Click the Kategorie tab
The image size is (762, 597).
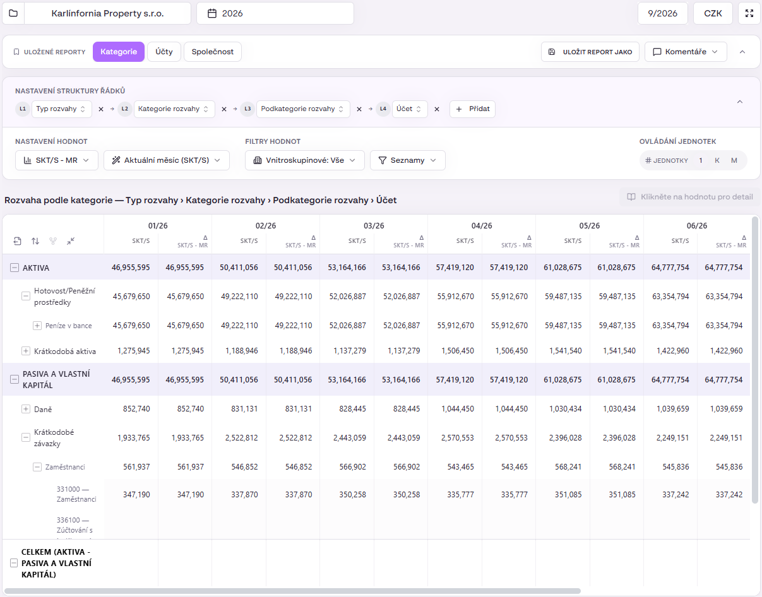click(119, 52)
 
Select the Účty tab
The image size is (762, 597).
click(164, 52)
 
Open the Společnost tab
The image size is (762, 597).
click(213, 52)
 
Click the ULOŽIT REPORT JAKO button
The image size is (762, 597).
click(590, 52)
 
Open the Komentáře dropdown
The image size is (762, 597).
click(686, 52)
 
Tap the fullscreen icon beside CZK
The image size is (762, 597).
click(749, 13)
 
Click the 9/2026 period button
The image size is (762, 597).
click(662, 13)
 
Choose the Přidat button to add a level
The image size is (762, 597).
click(472, 109)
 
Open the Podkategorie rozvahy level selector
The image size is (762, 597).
click(303, 109)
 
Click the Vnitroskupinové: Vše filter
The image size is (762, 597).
click(305, 160)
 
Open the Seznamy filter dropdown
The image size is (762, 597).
click(407, 160)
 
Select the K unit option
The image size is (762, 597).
click(717, 160)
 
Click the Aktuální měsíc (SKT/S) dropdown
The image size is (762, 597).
click(167, 160)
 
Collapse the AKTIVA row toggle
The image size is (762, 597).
click(15, 268)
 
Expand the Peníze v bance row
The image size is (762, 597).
click(37, 325)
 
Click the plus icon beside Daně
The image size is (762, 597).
click(26, 409)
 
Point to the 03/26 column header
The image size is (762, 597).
click(374, 226)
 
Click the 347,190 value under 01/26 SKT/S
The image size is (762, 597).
click(136, 495)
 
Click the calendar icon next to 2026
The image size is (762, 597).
click(211, 13)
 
